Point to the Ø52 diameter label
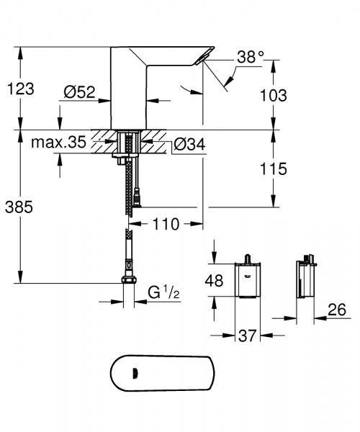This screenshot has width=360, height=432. [x=80, y=92]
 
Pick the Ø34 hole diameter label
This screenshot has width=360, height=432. [x=190, y=145]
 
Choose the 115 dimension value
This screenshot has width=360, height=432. [x=274, y=169]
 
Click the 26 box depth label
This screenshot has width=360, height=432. [x=335, y=310]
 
